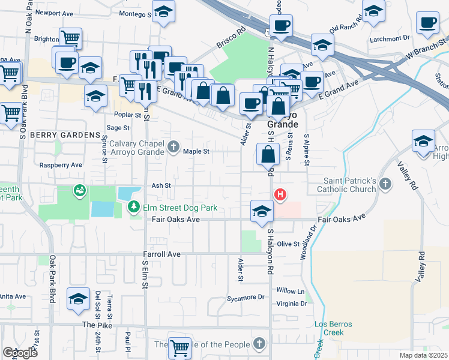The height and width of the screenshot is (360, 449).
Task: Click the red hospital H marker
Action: (x=280, y=194)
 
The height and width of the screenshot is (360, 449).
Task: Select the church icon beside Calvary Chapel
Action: (x=173, y=146)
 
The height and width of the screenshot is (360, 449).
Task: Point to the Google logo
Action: (x=20, y=353)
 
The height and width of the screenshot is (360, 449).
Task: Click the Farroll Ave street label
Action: (x=161, y=254)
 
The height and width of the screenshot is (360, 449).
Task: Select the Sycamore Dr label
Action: (x=246, y=297)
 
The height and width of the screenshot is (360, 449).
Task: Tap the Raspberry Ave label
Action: (x=60, y=164)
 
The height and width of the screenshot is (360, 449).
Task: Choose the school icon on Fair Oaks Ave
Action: (x=262, y=211)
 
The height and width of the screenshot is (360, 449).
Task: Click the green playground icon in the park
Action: (x=79, y=191)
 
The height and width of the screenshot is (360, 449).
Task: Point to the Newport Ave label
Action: (x=55, y=12)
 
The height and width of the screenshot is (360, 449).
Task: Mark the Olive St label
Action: (x=288, y=244)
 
